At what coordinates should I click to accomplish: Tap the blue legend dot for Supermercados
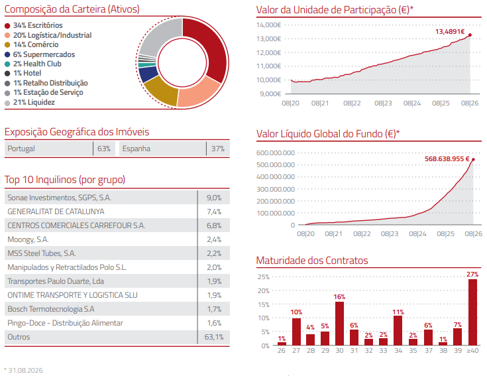click(7, 54)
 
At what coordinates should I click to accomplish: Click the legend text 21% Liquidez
click(34, 103)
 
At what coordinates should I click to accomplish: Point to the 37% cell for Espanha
click(218, 149)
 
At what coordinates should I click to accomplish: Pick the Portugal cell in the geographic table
click(21, 149)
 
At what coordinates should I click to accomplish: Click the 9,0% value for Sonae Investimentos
click(214, 198)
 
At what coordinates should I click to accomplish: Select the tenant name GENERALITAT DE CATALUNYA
click(56, 212)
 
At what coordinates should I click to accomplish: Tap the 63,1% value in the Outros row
click(213, 337)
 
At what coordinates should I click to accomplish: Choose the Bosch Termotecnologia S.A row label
click(51, 309)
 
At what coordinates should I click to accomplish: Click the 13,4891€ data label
click(450, 32)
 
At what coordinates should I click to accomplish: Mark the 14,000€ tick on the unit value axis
click(268, 25)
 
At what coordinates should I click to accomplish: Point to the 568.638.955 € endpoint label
click(447, 158)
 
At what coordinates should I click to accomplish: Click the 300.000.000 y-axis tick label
click(276, 189)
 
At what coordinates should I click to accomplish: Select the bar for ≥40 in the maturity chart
click(472, 312)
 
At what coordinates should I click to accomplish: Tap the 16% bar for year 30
click(339, 324)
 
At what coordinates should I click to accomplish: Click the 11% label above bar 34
click(398, 312)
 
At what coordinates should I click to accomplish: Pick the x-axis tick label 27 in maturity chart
click(296, 351)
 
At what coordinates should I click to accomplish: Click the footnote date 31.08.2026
click(25, 370)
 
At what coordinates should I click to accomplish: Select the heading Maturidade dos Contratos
click(312, 261)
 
